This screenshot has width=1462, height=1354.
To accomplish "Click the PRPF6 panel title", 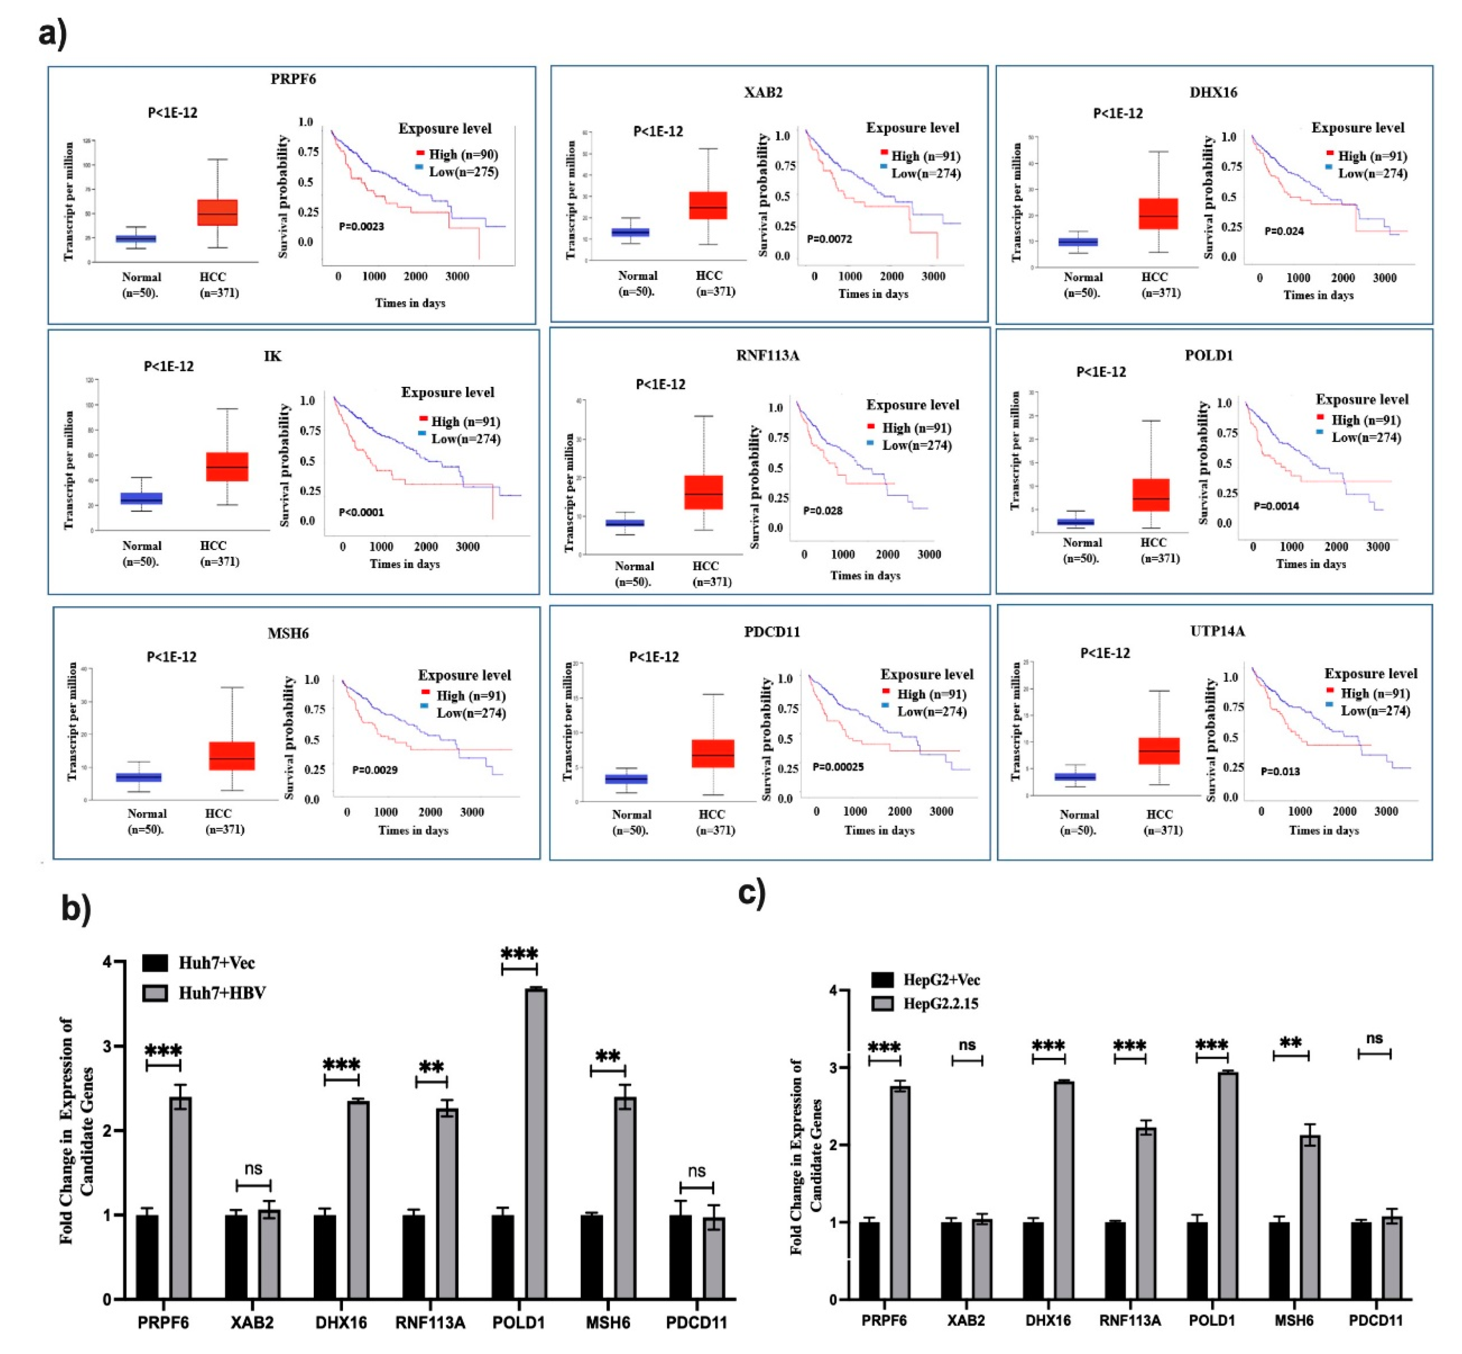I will coord(293,79).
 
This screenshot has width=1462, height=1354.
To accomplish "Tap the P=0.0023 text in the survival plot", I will coord(361,226).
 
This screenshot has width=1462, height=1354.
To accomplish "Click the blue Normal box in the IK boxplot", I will coord(141,498).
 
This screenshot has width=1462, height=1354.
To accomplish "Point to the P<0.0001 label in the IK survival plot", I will coord(361,512).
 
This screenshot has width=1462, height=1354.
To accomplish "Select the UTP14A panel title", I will coord(1217,631).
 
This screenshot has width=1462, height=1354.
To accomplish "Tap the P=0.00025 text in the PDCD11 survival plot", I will coord(838,766).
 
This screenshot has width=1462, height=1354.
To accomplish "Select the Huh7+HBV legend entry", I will coord(221,993).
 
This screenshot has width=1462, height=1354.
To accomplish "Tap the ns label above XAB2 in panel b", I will coord(254,1168).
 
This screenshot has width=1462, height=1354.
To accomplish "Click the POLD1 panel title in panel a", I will coord(1208,355).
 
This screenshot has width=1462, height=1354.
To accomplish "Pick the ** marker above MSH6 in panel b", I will coord(608,1057).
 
